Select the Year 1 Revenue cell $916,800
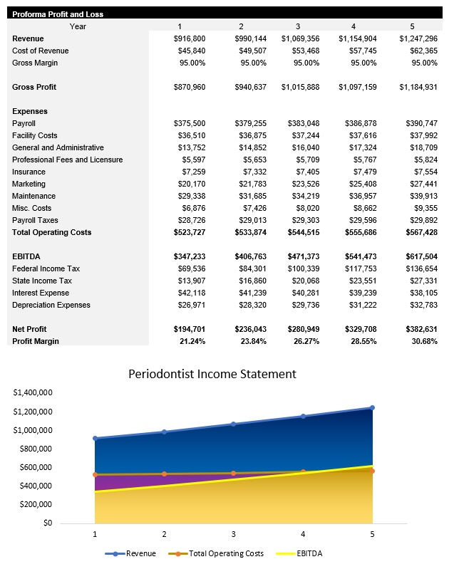tap(190, 38)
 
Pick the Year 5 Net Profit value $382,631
tap(420, 330)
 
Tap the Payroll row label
tap(24, 123)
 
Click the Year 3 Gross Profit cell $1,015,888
tap(299, 87)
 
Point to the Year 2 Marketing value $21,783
tap(250, 184)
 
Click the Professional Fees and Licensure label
tap(67, 160)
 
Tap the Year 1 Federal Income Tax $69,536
tap(190, 268)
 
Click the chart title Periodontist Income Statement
tap(212, 374)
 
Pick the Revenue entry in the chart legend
tap(140, 553)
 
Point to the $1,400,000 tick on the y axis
tap(33, 392)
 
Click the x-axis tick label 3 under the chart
tap(233, 534)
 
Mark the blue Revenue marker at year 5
tap(372, 408)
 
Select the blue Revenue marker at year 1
tap(95, 439)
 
